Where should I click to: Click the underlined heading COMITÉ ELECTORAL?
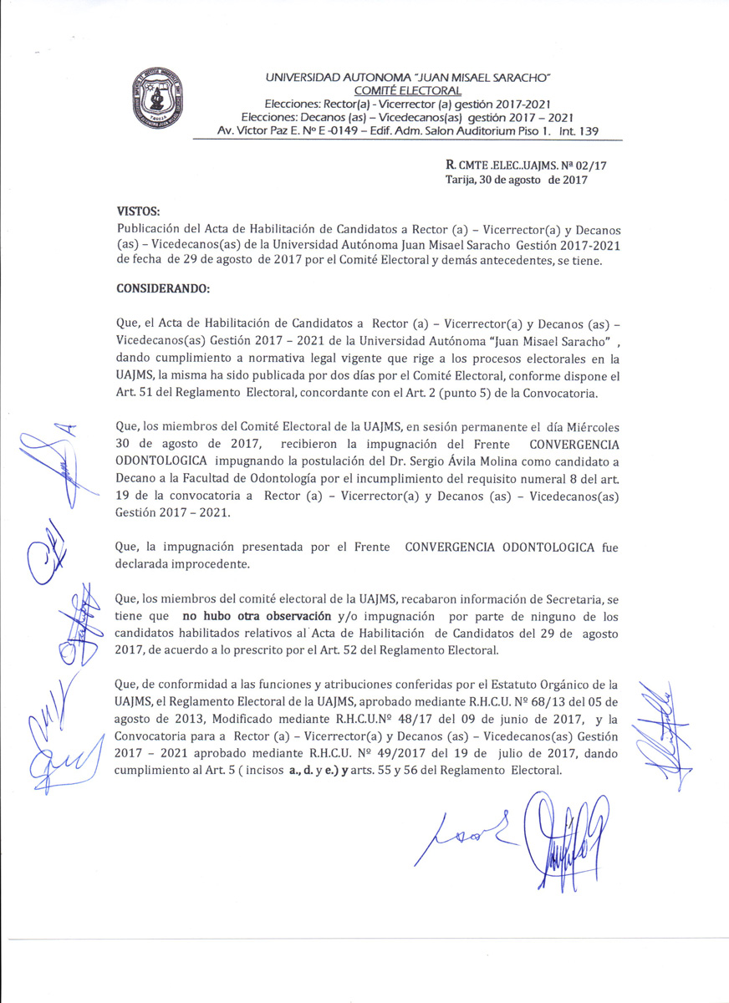point(407,90)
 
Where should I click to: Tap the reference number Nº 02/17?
point(586,166)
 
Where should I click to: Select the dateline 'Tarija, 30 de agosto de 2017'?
point(517,180)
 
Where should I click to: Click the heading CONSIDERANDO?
point(165,289)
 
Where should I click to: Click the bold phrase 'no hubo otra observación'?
point(251,617)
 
